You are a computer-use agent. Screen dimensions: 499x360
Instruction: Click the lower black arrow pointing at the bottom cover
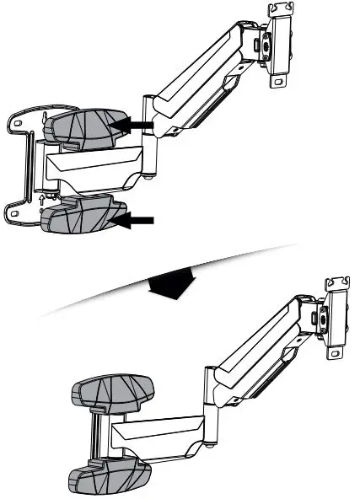(137, 221)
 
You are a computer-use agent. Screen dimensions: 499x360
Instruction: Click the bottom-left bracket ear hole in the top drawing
(14, 215)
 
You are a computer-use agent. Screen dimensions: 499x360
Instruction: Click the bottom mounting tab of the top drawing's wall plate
(277, 82)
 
